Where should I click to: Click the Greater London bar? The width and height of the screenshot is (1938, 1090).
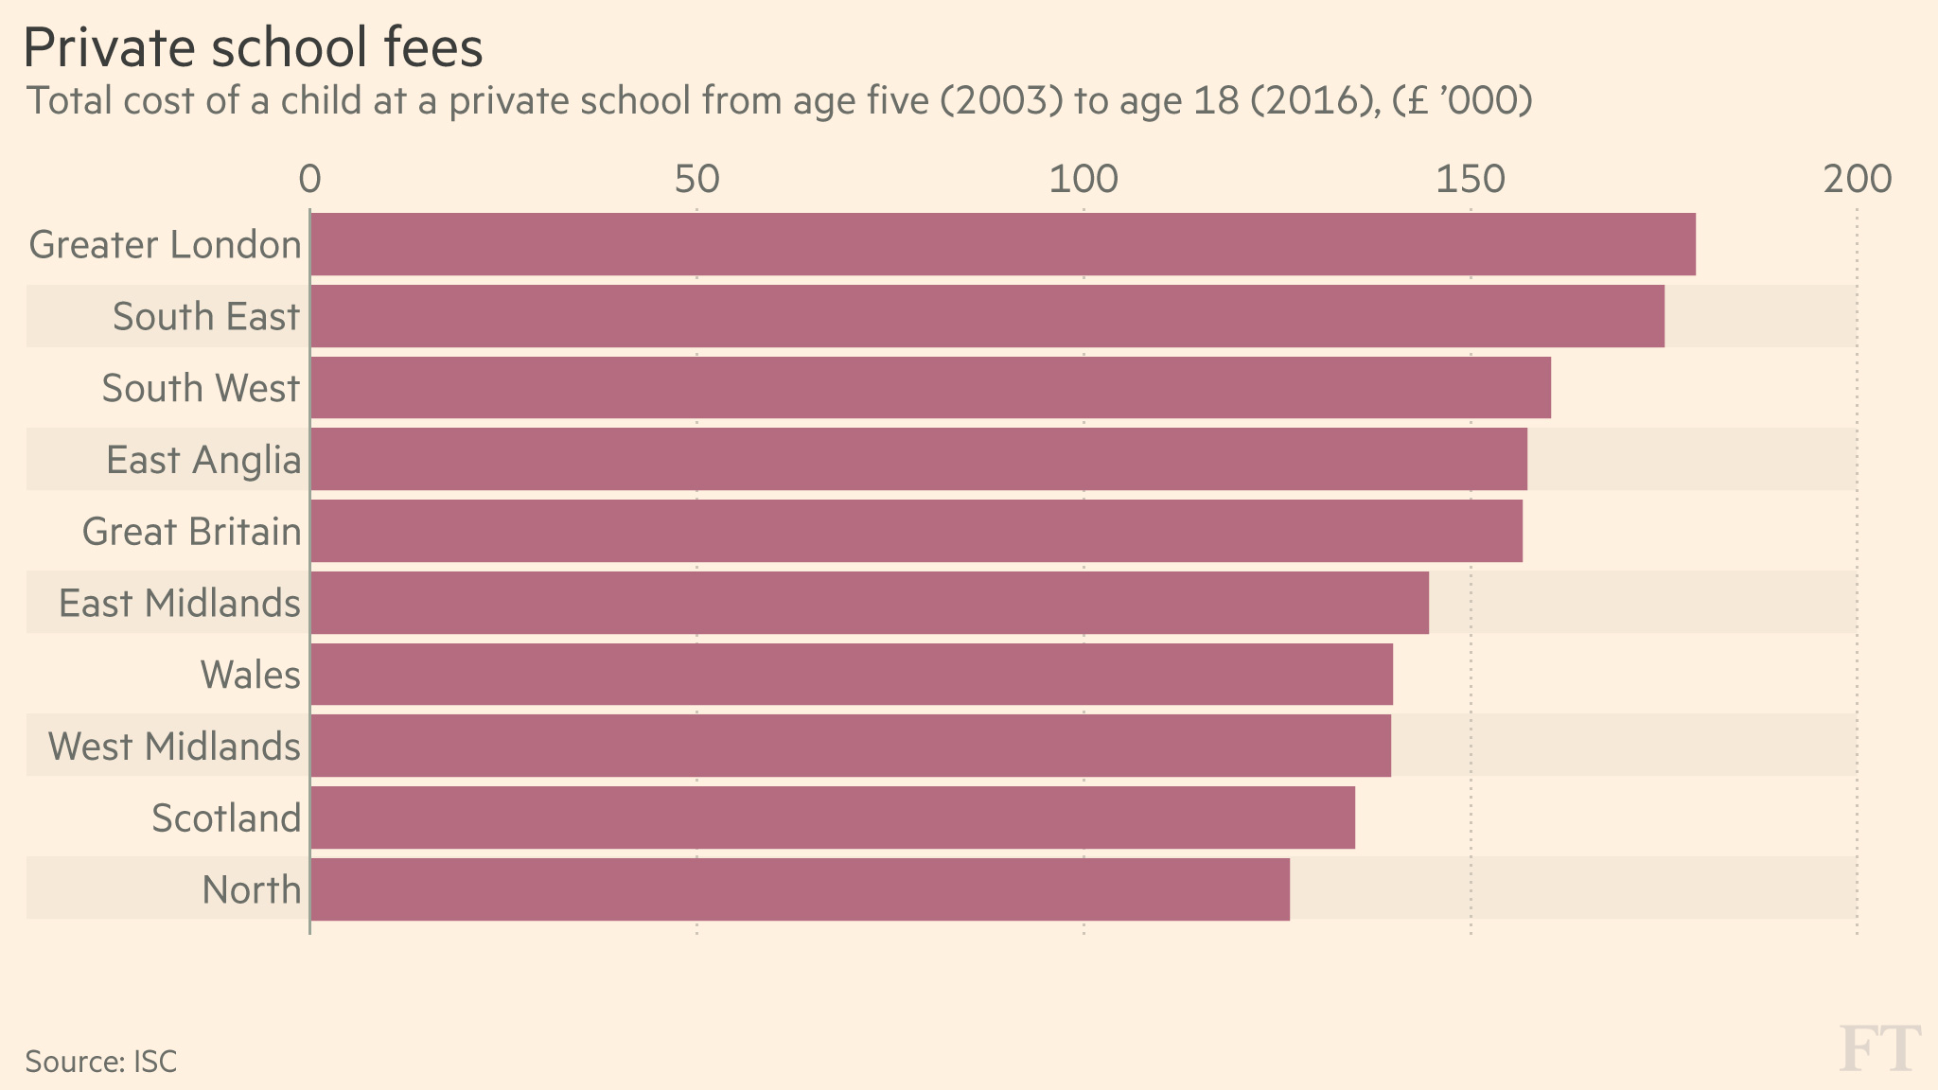point(1003,244)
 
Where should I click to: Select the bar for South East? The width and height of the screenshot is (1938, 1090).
point(987,316)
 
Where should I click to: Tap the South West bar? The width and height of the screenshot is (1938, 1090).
point(930,388)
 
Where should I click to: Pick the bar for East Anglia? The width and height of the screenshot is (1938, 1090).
point(919,460)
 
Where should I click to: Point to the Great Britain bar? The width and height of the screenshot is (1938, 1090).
point(916,531)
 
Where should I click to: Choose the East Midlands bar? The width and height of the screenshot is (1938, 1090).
point(870,603)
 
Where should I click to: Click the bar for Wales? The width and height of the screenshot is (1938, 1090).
point(852,675)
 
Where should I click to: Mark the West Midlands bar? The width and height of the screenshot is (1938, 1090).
point(851,747)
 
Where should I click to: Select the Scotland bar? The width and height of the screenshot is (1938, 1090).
point(833,817)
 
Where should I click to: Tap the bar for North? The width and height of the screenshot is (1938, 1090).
point(800,889)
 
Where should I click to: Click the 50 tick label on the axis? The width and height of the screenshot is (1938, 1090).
point(696,180)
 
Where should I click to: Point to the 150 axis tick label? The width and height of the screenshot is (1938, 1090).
point(1470,180)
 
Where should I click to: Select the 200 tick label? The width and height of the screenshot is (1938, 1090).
point(1857,180)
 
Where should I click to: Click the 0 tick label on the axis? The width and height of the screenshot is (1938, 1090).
point(309,180)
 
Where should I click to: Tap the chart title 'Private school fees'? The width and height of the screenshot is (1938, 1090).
point(253,48)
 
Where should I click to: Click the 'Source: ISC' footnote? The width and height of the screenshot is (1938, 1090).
point(101,1062)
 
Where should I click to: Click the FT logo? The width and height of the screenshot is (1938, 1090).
point(1879,1048)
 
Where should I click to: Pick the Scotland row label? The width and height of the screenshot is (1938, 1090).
point(226,818)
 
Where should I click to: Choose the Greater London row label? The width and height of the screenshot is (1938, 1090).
point(166,245)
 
